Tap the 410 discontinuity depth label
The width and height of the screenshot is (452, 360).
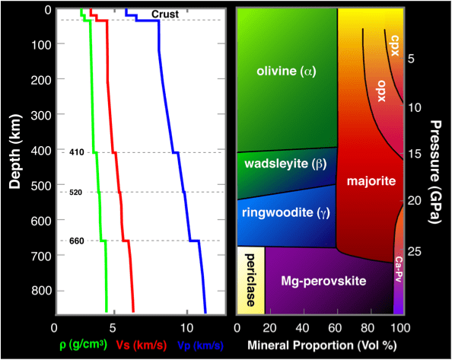point(75,152)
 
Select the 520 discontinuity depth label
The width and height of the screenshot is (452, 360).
point(75,193)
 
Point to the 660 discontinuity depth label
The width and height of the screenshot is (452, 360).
point(75,241)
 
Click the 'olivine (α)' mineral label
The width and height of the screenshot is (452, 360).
point(286,72)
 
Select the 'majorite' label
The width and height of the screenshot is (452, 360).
point(368,182)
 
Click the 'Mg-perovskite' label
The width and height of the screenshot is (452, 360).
point(324,281)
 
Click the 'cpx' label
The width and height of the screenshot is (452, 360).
point(394,40)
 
